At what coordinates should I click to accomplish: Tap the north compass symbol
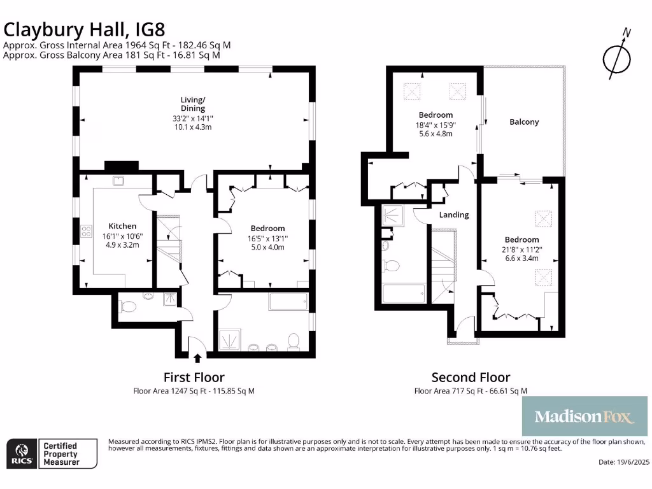click(x=616, y=57)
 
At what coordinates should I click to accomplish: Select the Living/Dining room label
click(x=193, y=104)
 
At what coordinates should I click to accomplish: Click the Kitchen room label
click(x=122, y=226)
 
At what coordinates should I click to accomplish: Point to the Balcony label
click(x=524, y=122)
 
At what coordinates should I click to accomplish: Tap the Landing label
click(x=454, y=215)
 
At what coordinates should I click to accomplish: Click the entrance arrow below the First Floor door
click(x=197, y=358)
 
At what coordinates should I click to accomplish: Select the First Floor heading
click(x=194, y=378)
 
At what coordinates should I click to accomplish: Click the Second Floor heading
click(x=471, y=378)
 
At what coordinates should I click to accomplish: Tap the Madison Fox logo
click(x=585, y=417)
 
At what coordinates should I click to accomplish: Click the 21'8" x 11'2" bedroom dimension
click(x=520, y=250)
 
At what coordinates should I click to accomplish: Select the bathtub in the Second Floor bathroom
click(x=404, y=294)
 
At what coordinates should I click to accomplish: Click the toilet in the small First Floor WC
click(x=128, y=307)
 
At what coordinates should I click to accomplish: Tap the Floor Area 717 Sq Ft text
click(x=471, y=391)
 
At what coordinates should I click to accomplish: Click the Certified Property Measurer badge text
click(x=60, y=453)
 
